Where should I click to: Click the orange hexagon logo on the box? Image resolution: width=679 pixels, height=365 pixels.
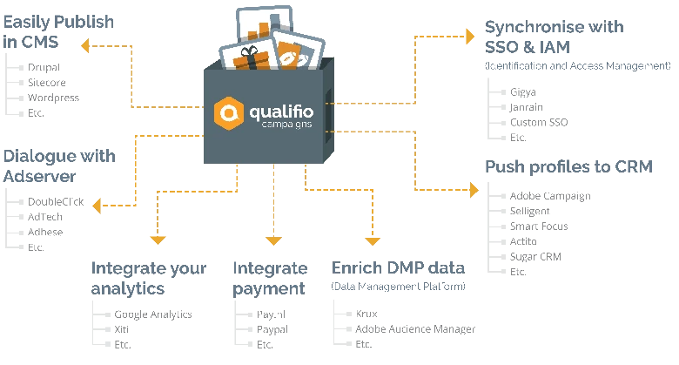pyautogui.click(x=229, y=114)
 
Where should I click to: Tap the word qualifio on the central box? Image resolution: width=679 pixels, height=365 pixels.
pyautogui.click(x=280, y=112)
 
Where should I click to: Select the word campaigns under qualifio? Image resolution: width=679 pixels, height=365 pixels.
pyautogui.click(x=284, y=128)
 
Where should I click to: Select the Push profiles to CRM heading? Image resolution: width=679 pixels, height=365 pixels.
pyautogui.click(x=567, y=166)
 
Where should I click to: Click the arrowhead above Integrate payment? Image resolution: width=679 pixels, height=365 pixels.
pyautogui.click(x=274, y=240)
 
